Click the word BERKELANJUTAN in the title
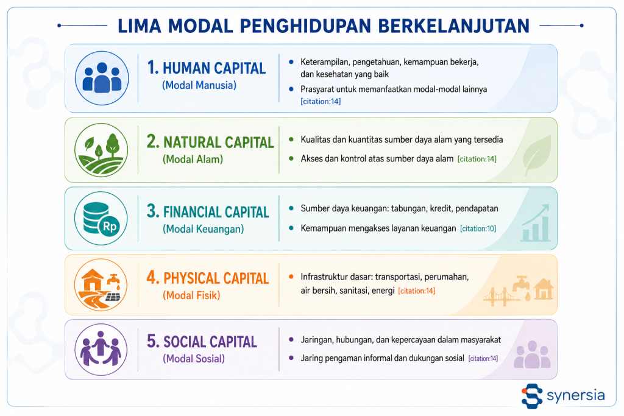point(453,26)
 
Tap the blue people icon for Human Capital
point(102,78)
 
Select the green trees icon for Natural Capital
point(101,150)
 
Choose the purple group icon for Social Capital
point(101,350)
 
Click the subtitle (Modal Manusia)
point(199,85)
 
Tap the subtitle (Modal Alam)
point(193,159)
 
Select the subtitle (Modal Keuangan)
point(203,228)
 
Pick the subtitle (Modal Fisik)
point(191,295)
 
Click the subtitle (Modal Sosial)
point(194,358)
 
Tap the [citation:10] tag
point(478,228)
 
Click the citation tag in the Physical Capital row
point(417,291)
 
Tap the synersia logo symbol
point(531,396)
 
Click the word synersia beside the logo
point(576,396)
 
